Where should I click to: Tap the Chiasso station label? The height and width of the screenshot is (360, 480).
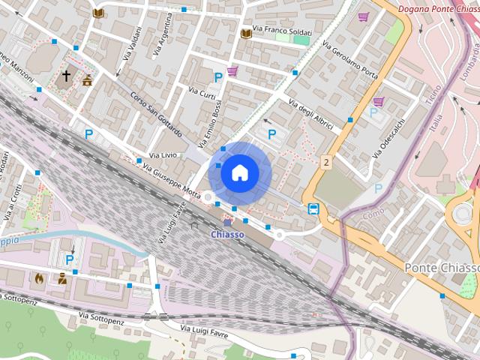tap(226, 235)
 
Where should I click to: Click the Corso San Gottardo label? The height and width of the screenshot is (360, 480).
tap(156, 114)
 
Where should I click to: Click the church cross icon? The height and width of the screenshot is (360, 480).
tap(66, 76)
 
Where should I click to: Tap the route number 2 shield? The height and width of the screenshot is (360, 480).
tap(326, 161)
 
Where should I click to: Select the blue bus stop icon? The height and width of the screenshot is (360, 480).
tap(313, 208)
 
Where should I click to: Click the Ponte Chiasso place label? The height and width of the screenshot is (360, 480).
tap(441, 268)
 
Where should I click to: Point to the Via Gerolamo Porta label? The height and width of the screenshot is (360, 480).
tap(350, 60)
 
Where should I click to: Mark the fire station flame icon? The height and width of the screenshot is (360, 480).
tap(39, 277)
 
